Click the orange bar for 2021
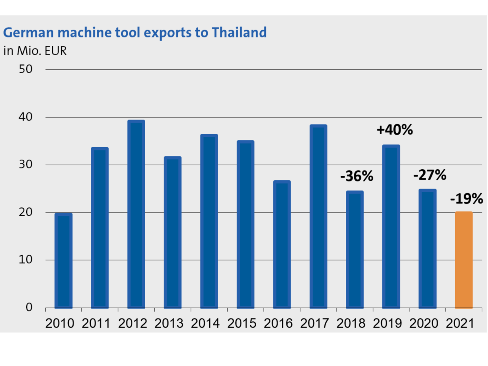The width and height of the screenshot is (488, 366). click(x=464, y=260)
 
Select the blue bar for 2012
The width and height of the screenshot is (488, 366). click(x=136, y=214)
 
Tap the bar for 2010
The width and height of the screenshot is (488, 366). click(x=63, y=260)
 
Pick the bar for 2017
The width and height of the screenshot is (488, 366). click(x=318, y=216)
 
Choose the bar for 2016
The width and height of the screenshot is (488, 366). click(x=282, y=244)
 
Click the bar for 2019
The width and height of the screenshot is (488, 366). click(x=391, y=226)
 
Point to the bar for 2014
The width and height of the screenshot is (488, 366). click(x=209, y=221)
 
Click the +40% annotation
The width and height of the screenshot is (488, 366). click(x=395, y=130)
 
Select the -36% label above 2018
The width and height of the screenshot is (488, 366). click(x=356, y=176)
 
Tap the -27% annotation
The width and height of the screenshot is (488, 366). click(x=430, y=175)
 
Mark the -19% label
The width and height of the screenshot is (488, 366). click(x=466, y=199)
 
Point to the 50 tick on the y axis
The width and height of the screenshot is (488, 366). click(x=26, y=69)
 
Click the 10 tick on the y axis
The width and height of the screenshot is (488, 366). click(x=26, y=260)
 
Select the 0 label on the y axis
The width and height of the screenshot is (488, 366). click(x=29, y=307)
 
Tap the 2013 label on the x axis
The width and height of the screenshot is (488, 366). click(x=169, y=323)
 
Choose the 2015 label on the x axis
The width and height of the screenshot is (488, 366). click(x=242, y=323)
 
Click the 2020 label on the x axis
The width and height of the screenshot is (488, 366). click(x=424, y=323)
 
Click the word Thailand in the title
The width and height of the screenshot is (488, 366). click(x=239, y=33)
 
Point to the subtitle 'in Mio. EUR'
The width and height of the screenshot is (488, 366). click(x=35, y=51)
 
